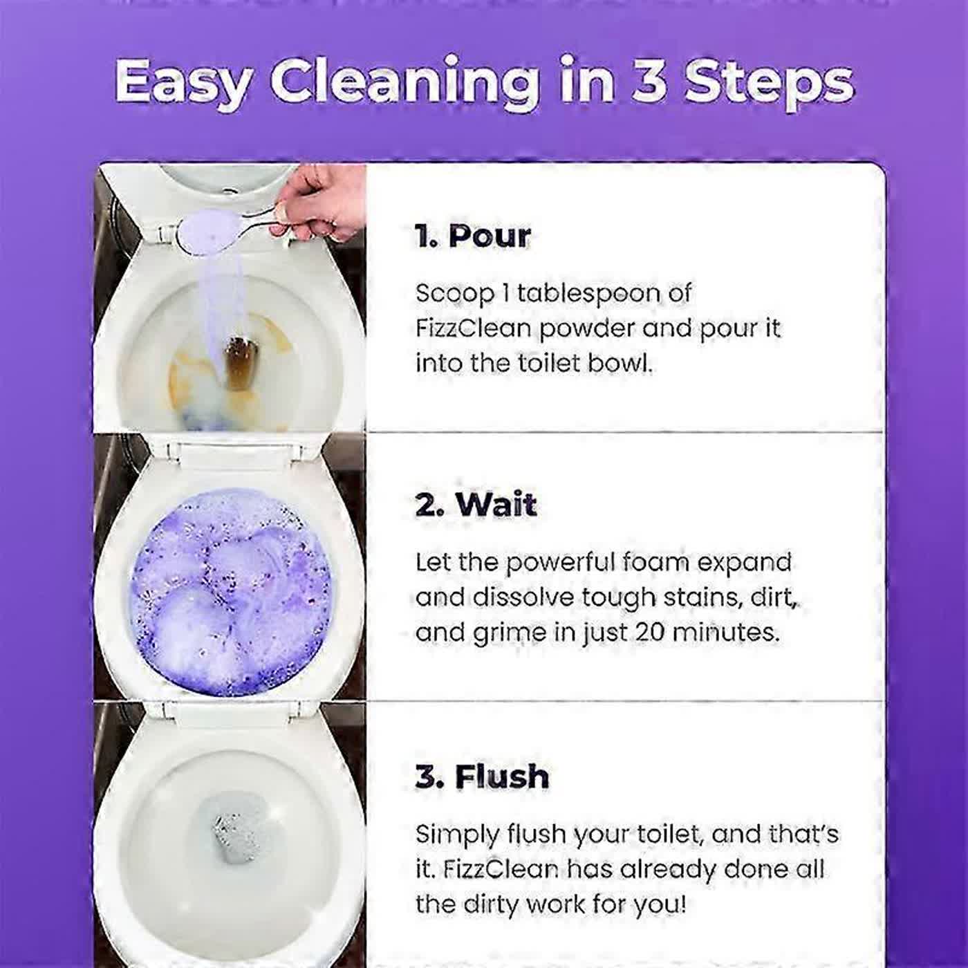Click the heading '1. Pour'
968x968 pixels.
473,236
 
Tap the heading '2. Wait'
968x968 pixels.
476,505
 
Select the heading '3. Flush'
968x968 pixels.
482,776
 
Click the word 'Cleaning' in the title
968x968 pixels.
404,82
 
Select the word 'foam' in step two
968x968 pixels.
655,562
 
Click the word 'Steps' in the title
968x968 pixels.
767,82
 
